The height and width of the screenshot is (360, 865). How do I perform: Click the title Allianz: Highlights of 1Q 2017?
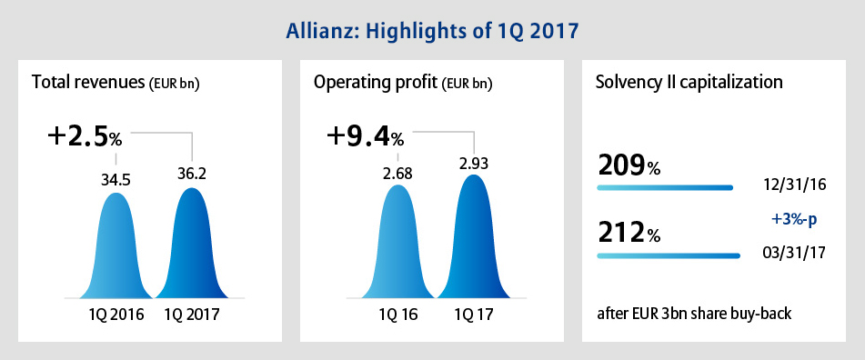(x=432, y=32)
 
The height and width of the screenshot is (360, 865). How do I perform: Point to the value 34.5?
(x=115, y=180)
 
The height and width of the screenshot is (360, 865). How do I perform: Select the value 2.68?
(x=397, y=173)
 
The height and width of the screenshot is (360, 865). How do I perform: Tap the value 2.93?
(x=473, y=164)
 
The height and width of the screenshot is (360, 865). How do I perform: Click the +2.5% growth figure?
(x=85, y=137)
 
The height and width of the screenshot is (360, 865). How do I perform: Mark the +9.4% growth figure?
(x=366, y=136)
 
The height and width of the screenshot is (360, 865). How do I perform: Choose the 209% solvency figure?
(x=629, y=165)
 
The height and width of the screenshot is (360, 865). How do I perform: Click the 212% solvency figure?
(x=629, y=234)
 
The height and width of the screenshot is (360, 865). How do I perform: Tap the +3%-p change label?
(x=793, y=219)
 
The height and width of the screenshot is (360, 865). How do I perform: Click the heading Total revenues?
(x=116, y=84)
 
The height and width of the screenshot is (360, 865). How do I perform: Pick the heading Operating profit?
(x=403, y=84)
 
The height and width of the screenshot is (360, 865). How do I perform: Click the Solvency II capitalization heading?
(x=689, y=83)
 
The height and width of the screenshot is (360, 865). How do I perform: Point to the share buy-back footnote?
(x=695, y=314)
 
